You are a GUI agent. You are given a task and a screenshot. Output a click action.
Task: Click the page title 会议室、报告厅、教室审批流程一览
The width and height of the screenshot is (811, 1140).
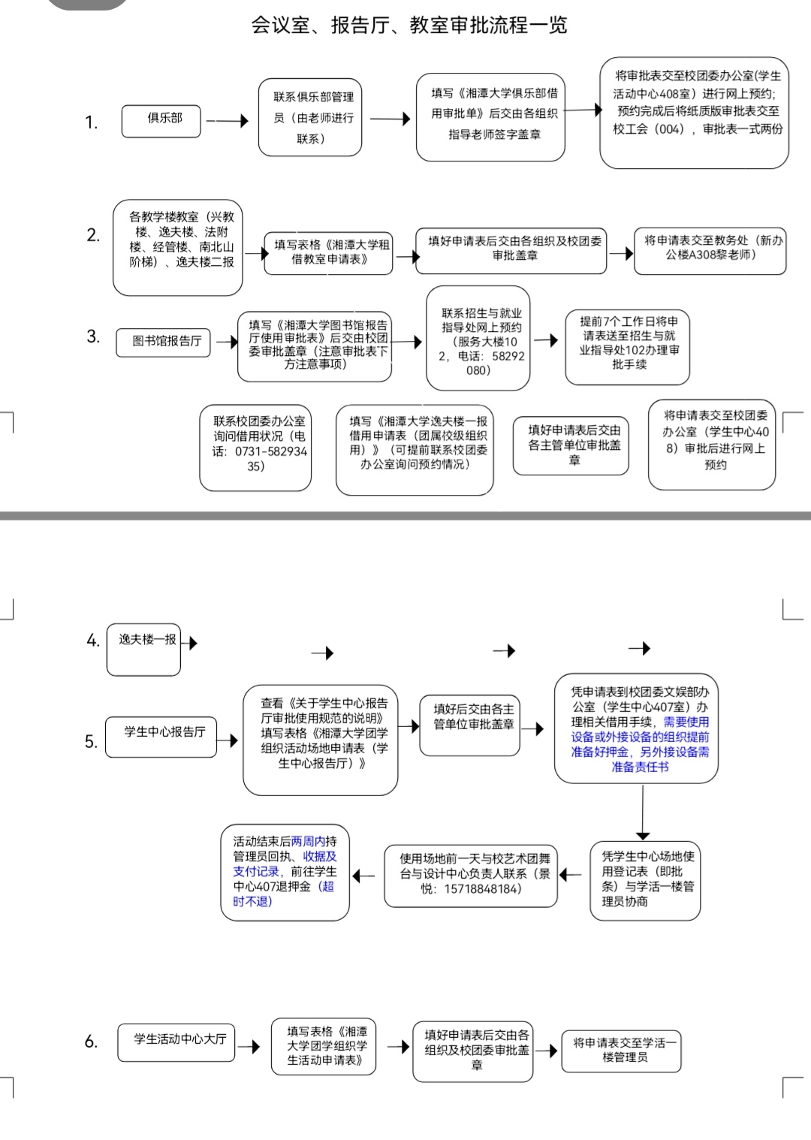tap(409, 25)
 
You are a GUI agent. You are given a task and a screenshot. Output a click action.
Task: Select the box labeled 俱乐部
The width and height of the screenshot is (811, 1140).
tap(161, 121)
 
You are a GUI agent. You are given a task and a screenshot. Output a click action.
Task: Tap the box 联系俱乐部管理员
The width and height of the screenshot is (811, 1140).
tap(310, 117)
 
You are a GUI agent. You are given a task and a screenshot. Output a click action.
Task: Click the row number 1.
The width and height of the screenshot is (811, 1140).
tap(91, 122)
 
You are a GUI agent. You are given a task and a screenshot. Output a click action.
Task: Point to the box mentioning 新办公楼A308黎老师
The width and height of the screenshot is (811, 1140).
tap(710, 251)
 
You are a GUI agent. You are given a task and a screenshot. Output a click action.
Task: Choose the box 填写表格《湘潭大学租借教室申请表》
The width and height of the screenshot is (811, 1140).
tap(328, 253)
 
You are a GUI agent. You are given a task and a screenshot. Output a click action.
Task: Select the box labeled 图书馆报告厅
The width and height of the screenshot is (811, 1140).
tap(163, 342)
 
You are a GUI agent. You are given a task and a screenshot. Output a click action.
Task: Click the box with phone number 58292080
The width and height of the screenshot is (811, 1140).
tap(478, 338)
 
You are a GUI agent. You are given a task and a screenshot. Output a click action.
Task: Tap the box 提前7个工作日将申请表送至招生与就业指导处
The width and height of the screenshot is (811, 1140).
tap(627, 347)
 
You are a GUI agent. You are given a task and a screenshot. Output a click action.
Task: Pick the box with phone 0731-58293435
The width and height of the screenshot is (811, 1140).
tap(255, 448)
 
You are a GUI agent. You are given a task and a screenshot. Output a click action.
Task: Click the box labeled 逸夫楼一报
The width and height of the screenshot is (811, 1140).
tap(143, 650)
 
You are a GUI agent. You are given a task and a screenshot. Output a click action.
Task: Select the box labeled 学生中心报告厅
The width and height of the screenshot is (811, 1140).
tap(161, 737)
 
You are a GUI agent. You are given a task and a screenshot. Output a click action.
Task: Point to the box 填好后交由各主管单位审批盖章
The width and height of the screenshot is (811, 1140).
tap(469, 725)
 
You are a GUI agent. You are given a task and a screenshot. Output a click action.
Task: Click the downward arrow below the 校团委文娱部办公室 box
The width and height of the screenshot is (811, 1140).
tap(643, 813)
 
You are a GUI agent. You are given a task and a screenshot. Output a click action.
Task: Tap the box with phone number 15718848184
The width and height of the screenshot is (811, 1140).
tap(471, 876)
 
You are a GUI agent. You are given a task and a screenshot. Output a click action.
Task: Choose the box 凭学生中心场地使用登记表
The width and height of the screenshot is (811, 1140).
tap(645, 880)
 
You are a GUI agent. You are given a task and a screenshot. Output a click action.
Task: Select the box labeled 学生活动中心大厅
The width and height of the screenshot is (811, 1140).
tap(176, 1043)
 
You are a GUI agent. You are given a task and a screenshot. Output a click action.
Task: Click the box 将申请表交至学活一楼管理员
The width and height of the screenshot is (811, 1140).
tap(621, 1051)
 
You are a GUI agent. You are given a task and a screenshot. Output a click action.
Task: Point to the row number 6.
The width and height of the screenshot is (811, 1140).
tap(91, 1042)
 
